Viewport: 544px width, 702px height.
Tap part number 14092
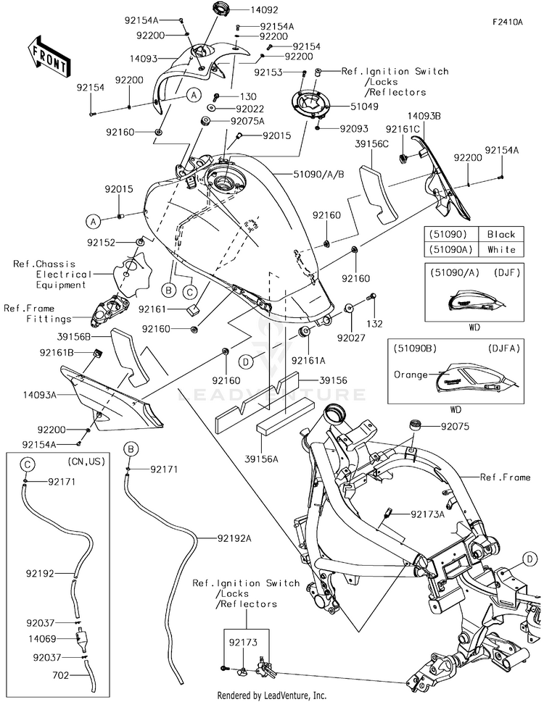click(x=244, y=11)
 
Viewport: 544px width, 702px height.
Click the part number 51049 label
click(x=344, y=106)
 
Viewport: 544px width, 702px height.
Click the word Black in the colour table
click(x=501, y=234)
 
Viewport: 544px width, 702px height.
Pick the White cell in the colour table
click(x=501, y=249)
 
